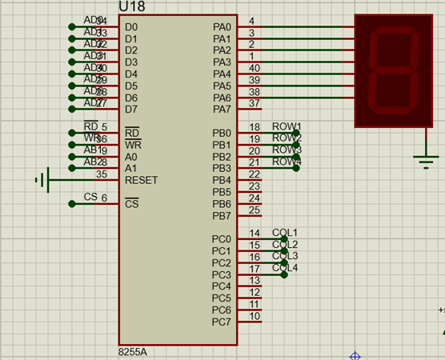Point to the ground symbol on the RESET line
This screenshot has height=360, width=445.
coord(42,180)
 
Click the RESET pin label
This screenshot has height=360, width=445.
coord(142,180)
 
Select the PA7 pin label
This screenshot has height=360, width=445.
coord(222,109)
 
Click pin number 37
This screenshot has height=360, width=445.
coord(254,103)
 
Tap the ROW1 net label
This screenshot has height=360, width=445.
coord(287,126)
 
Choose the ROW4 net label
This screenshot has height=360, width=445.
coord(287,162)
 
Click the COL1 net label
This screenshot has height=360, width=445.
coord(285,232)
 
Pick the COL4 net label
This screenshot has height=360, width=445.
coord(285,268)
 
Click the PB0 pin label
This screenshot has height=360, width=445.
coord(222,133)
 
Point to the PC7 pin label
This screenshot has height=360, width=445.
coord(222,322)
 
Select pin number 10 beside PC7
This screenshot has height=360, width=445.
coord(254,316)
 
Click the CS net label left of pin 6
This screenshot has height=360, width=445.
coord(90,197)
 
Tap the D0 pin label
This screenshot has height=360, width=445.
coord(131,26)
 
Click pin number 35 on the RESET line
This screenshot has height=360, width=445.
coord(102,174)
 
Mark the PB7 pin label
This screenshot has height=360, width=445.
coord(222,216)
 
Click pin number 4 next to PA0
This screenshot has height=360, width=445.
coord(252,21)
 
